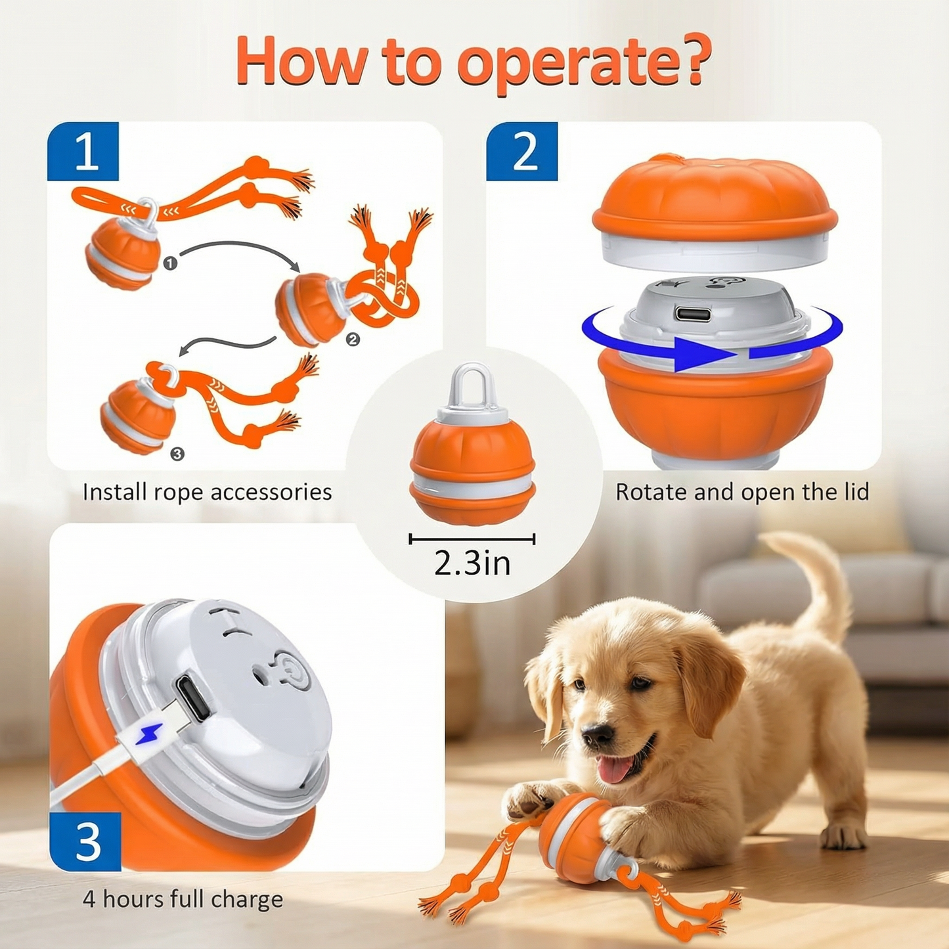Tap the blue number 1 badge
point(83,152)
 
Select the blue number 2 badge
point(522,152)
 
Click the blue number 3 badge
point(86,841)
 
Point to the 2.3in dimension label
point(472,563)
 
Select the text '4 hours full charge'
point(183,898)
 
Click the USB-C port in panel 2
point(692,314)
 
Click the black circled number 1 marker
point(170,263)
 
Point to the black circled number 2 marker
point(353,339)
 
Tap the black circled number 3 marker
point(177,454)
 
